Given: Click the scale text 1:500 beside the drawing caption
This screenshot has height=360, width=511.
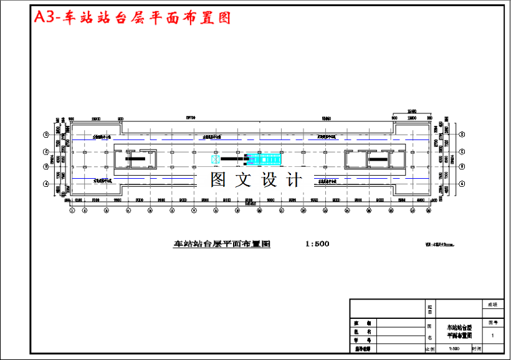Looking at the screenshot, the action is point(317,244).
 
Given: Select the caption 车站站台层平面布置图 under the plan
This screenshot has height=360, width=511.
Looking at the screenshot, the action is point(222,244).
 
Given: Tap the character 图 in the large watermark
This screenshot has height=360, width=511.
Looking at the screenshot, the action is point(217,180).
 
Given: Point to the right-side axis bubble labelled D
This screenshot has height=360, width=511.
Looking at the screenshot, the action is point(462,135).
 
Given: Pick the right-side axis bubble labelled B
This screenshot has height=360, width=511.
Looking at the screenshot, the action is point(462,166).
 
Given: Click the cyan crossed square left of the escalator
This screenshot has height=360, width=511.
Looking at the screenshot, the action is point(216,159).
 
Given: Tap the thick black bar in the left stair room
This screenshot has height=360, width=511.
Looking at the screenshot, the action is point(135,159).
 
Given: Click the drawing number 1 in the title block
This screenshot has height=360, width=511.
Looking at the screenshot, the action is point(492,335).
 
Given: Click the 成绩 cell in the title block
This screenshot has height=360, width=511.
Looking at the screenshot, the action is point(492,305).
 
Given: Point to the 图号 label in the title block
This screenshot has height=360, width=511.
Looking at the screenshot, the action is point(492,323).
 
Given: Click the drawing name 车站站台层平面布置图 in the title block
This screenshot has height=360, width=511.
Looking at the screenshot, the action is point(459,331).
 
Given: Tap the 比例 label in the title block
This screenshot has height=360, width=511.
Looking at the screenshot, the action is point(429,349).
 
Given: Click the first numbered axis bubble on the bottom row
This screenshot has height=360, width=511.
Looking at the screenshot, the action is point(72,211).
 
